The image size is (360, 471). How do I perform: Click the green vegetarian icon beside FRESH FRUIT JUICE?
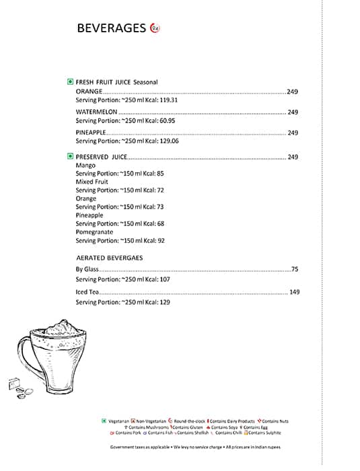(70, 81)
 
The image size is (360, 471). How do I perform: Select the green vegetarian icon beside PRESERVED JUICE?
(70, 156)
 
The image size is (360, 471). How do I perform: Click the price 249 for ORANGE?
(292, 92)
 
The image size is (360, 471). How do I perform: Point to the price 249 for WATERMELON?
(293, 112)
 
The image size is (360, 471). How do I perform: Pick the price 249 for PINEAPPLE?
(293, 133)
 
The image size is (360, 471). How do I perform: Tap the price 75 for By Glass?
(295, 269)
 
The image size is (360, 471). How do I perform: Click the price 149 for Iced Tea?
(293, 293)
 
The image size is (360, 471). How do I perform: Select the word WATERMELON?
(97, 112)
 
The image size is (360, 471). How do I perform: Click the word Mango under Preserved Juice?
(85, 165)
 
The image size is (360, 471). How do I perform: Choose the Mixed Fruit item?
(92, 182)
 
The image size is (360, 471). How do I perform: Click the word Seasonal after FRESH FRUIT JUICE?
(145, 82)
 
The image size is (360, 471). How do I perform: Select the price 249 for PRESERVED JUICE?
(293, 157)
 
